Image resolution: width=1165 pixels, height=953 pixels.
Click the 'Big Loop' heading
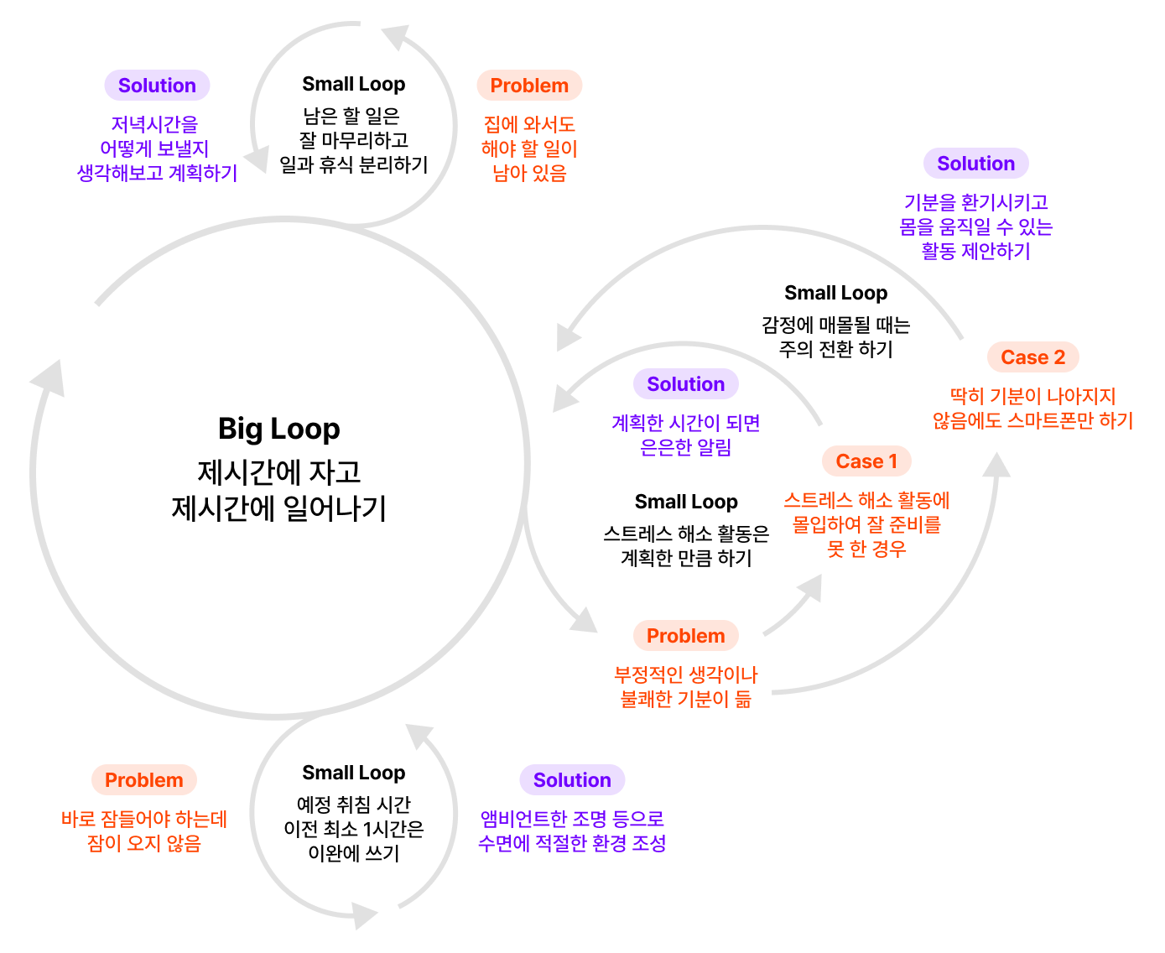point(278,429)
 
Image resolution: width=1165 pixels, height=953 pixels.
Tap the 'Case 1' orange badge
point(866,461)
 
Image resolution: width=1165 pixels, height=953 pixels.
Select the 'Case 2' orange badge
point(1032,357)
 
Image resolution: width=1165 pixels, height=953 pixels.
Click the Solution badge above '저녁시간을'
point(157,86)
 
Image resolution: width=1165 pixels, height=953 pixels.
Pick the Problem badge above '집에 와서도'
point(529,86)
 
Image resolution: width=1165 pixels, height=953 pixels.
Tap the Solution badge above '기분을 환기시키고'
point(975,164)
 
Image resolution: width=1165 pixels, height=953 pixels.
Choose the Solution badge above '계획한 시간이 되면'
point(685,384)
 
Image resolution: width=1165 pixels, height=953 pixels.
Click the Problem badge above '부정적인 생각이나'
point(685,636)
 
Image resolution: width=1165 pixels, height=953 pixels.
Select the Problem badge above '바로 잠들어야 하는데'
point(143,780)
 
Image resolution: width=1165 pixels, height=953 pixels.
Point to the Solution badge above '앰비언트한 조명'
point(572,780)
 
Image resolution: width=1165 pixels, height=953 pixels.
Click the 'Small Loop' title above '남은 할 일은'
point(353,84)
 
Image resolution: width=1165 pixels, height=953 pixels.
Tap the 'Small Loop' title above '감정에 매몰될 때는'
point(835,293)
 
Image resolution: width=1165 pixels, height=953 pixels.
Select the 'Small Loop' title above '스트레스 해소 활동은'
point(685,502)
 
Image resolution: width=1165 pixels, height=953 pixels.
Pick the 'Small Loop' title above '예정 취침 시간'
point(353,773)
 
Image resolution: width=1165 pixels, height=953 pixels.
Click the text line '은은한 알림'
point(685,447)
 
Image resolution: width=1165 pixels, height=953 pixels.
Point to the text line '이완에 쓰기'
point(353,853)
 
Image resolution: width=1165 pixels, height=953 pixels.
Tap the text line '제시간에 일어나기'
point(278,508)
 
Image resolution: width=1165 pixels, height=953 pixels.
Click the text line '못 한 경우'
point(866,549)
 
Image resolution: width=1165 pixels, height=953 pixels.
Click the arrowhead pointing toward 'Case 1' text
point(810,586)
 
